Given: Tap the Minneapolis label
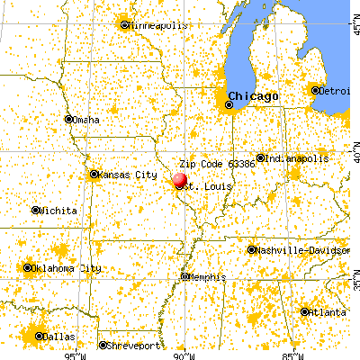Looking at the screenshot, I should (157, 25).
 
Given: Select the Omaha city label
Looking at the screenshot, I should (87, 120).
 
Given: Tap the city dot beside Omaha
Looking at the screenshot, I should (68, 120).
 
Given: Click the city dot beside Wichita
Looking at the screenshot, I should (36, 211).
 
